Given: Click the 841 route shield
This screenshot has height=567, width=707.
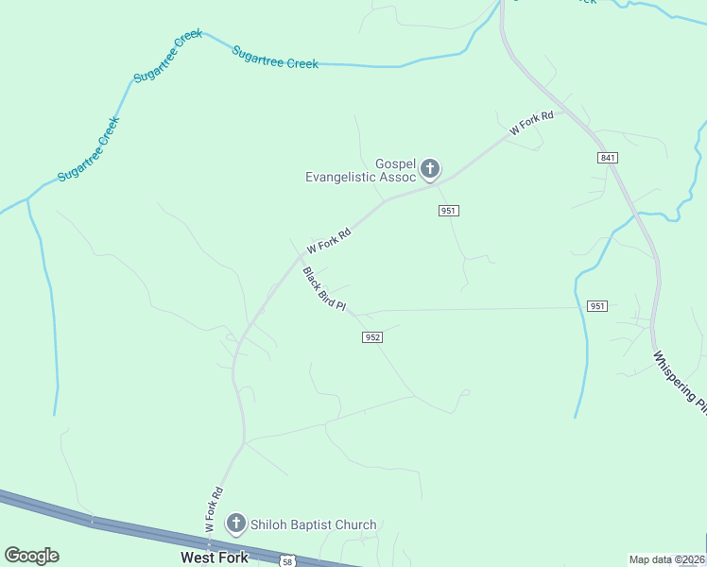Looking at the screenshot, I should (608, 157).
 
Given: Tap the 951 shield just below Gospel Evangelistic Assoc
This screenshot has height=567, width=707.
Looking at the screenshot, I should (449, 210).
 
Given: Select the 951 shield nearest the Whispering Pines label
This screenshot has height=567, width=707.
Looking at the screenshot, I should (596, 306).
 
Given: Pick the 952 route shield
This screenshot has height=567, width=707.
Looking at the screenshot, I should (372, 337).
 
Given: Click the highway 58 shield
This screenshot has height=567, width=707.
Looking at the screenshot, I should (287, 561).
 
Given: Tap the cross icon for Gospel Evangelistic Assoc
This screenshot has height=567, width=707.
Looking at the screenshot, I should (430, 170).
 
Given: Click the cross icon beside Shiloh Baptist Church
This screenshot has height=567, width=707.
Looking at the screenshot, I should (235, 524).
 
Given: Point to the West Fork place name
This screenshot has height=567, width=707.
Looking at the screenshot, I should (215, 558).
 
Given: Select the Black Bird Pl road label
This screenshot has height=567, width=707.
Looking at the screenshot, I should (325, 290).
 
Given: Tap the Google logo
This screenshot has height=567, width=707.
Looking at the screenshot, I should (31, 556).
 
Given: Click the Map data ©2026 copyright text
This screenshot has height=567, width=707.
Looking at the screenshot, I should (666, 559).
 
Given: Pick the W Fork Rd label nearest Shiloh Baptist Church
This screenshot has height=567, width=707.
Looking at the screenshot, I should (215, 507).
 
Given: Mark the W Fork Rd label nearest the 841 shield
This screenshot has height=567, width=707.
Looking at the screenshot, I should (530, 124).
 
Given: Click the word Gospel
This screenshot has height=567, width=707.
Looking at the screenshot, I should (396, 163).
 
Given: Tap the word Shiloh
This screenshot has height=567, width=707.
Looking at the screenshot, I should (267, 524).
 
